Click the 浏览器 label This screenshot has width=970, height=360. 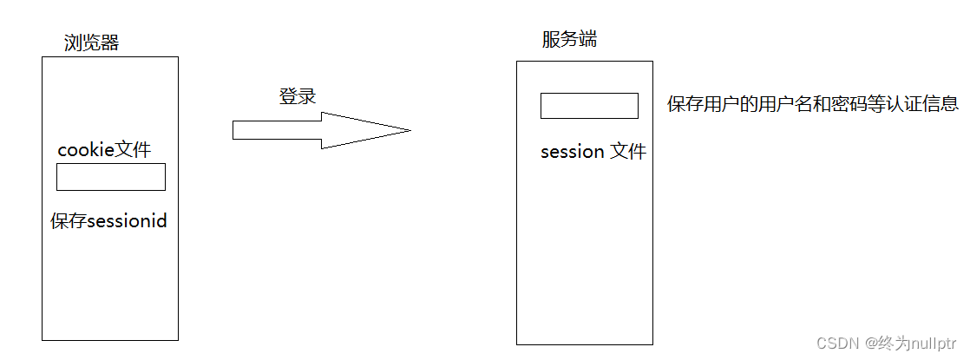tap(91, 43)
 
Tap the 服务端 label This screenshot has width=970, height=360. tap(569, 40)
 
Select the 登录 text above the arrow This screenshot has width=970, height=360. tap(297, 96)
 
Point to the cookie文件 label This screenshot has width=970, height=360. tap(104, 150)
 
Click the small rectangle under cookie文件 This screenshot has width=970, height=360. tap(111, 177)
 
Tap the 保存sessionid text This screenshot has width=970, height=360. tap(108, 221)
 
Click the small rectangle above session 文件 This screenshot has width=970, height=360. tap(589, 106)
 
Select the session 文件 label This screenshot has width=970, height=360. tap(593, 152)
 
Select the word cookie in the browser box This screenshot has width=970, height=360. tap(86, 150)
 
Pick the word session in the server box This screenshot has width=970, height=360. tap(573, 152)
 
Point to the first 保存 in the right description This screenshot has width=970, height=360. tap(685, 104)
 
